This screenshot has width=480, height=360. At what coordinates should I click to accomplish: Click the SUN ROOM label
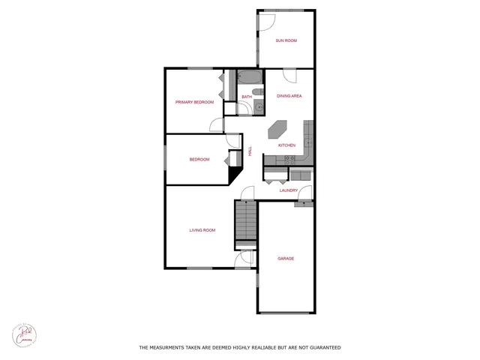(286, 40)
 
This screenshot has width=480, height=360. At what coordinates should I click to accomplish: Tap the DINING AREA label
(289, 96)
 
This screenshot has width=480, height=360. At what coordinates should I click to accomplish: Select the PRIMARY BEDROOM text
(194, 102)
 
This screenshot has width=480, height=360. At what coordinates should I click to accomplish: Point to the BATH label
(247, 96)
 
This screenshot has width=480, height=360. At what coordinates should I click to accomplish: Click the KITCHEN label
(286, 145)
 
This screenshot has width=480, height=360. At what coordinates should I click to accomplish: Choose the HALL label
(250, 151)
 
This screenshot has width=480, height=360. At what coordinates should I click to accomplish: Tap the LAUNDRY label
(289, 190)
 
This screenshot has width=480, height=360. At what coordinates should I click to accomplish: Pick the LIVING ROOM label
(202, 230)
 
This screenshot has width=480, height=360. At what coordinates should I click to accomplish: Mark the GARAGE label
(286, 258)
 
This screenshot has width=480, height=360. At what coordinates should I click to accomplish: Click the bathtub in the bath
(249, 78)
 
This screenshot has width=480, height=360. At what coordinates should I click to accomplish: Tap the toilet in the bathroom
(257, 93)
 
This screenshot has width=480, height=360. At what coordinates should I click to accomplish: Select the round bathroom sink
(259, 107)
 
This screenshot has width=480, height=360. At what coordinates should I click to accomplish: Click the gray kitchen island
(278, 129)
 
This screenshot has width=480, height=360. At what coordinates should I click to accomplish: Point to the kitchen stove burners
(289, 158)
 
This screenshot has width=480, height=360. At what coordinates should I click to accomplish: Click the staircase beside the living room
(245, 222)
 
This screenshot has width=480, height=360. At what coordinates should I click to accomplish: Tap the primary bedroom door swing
(216, 125)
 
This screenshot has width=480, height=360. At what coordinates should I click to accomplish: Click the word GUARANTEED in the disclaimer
(321, 347)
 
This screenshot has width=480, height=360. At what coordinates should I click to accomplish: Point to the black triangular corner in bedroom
(233, 175)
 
